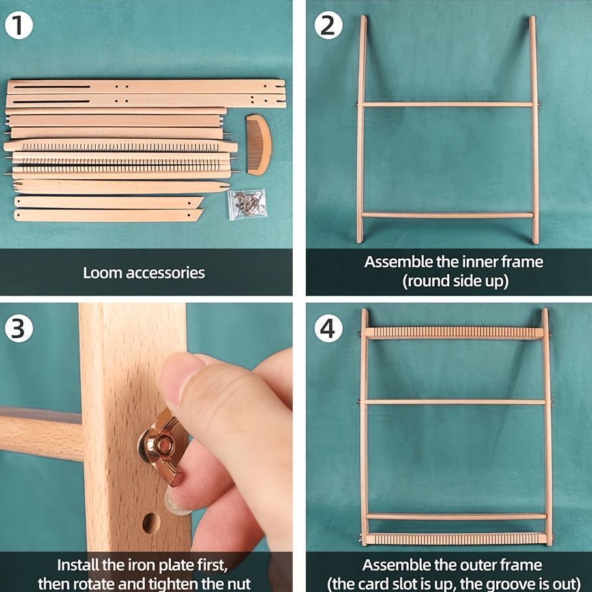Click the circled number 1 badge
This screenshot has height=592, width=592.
pyautogui.click(x=18, y=25)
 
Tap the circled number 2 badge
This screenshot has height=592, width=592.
pyautogui.click(x=328, y=25)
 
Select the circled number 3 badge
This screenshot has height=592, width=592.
pyautogui.click(x=18, y=329)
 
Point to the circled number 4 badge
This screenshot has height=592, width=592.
pyautogui.click(x=328, y=329)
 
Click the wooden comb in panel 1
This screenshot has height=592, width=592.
pyautogui.click(x=258, y=145)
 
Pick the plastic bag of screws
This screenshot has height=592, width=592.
pyautogui.click(x=248, y=204)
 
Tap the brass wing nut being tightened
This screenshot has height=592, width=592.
pyautogui.click(x=163, y=445)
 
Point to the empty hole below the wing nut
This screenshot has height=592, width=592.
pyautogui.click(x=151, y=523)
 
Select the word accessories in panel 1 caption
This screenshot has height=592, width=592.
pyautogui.click(x=166, y=273)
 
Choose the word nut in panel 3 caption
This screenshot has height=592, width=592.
pyautogui.click(x=239, y=584)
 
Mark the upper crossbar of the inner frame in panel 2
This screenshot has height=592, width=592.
pyautogui.click(x=447, y=104)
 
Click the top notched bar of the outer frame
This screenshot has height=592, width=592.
pyautogui.click(x=454, y=333)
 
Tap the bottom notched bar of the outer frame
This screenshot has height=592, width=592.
pyautogui.click(x=454, y=538)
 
